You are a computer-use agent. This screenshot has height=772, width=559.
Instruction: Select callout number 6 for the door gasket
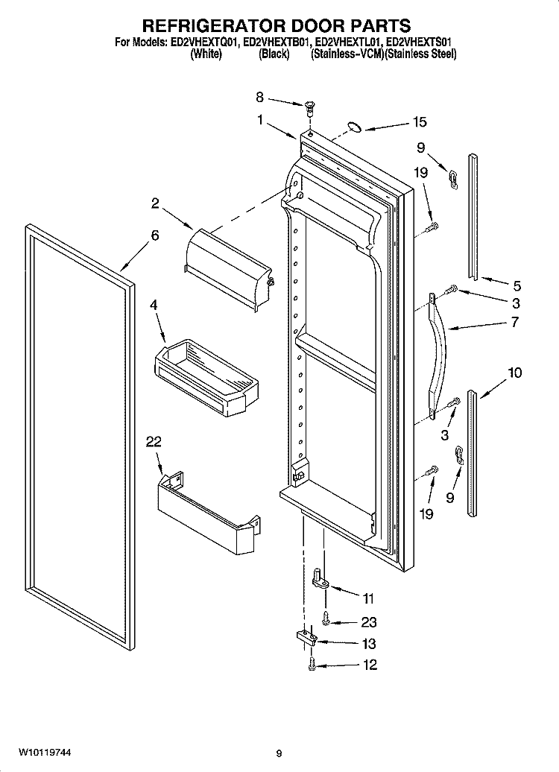point(154,235)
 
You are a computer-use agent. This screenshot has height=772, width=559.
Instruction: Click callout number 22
point(154,442)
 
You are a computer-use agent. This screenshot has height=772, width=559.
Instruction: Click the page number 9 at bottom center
point(278,753)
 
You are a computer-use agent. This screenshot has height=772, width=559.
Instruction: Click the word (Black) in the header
point(274,54)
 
